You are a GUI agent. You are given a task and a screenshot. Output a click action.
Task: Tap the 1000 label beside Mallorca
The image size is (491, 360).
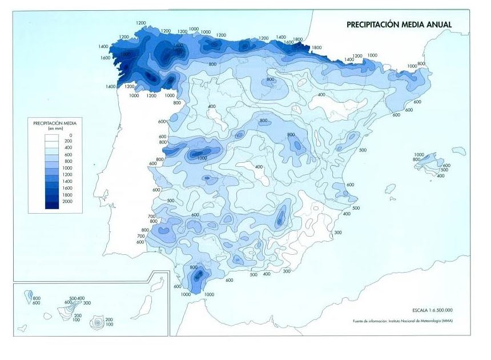click(x=419, y=155)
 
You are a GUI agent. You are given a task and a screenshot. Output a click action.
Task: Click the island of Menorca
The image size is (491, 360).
click(x=458, y=151)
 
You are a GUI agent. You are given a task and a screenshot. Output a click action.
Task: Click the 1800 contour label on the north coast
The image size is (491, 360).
click(x=316, y=48)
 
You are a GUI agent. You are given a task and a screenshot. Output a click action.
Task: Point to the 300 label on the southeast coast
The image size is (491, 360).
click(x=337, y=233)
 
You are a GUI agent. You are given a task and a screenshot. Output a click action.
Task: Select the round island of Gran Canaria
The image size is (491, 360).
click(x=99, y=322)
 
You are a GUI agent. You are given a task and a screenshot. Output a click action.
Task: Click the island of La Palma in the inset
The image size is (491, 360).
click(x=29, y=297)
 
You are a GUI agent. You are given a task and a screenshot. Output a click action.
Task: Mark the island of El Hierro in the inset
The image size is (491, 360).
click(x=22, y=328)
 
